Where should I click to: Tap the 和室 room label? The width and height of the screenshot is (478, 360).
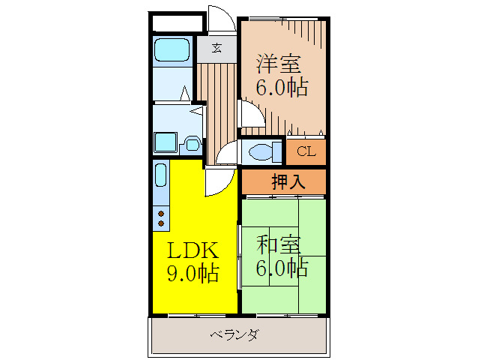[x=279, y=244]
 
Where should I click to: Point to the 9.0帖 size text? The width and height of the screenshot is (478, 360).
[x=192, y=274]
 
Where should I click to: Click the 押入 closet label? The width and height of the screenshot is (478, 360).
[x=283, y=182]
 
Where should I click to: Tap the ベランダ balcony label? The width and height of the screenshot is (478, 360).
[x=234, y=335]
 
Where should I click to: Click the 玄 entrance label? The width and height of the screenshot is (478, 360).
[x=217, y=48]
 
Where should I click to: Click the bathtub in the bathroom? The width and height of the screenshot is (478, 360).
[x=173, y=51]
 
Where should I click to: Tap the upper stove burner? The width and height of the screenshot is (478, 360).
[x=160, y=214]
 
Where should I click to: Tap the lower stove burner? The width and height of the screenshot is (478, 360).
[x=160, y=223]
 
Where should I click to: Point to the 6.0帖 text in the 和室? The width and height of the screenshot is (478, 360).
[x=282, y=268]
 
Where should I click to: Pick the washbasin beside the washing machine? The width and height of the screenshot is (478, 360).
[x=192, y=143]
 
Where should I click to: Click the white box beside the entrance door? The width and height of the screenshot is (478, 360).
[x=178, y=22]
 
